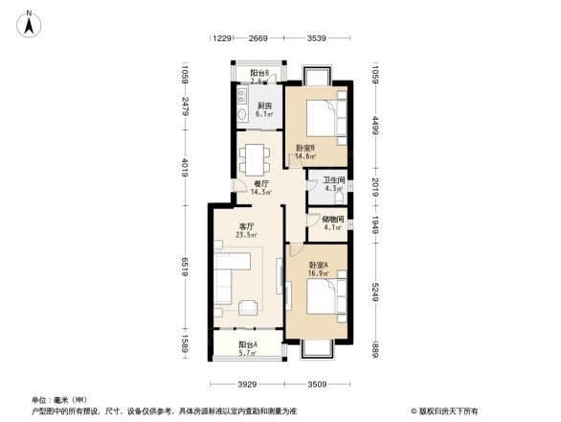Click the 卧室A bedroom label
coord(319,268)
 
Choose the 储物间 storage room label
coord(333,222)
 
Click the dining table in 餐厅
coord(256,154)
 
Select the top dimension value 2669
coord(258,38)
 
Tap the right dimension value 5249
coord(376,280)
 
